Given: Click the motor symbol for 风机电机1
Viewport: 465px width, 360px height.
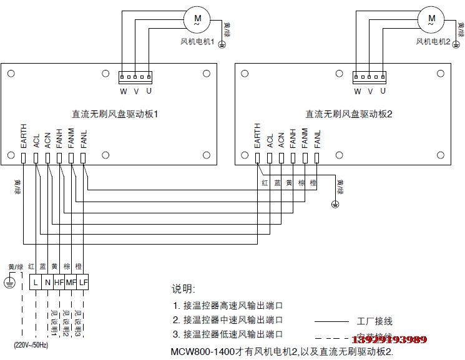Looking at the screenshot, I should (198, 19).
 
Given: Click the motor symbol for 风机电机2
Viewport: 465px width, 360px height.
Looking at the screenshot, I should (431, 19).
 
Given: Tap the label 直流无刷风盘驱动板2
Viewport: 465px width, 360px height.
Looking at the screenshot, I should (348, 115).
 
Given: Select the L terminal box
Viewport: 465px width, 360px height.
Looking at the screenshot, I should (36, 281).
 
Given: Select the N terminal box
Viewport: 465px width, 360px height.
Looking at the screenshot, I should (47, 281).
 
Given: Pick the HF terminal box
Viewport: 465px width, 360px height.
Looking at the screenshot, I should (59, 281).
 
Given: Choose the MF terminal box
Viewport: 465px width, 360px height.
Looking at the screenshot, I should (71, 281).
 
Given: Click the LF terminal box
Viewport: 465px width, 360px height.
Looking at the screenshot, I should (84, 281).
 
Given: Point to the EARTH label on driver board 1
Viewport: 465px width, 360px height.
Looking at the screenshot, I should (24, 135).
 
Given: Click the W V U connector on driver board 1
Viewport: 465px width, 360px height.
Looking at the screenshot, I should (135, 77).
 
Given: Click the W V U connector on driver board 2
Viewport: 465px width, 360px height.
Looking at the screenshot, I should (370, 77).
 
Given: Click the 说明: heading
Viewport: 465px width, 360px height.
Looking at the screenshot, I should (184, 289).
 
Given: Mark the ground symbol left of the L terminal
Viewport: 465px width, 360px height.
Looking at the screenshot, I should (9, 282).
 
